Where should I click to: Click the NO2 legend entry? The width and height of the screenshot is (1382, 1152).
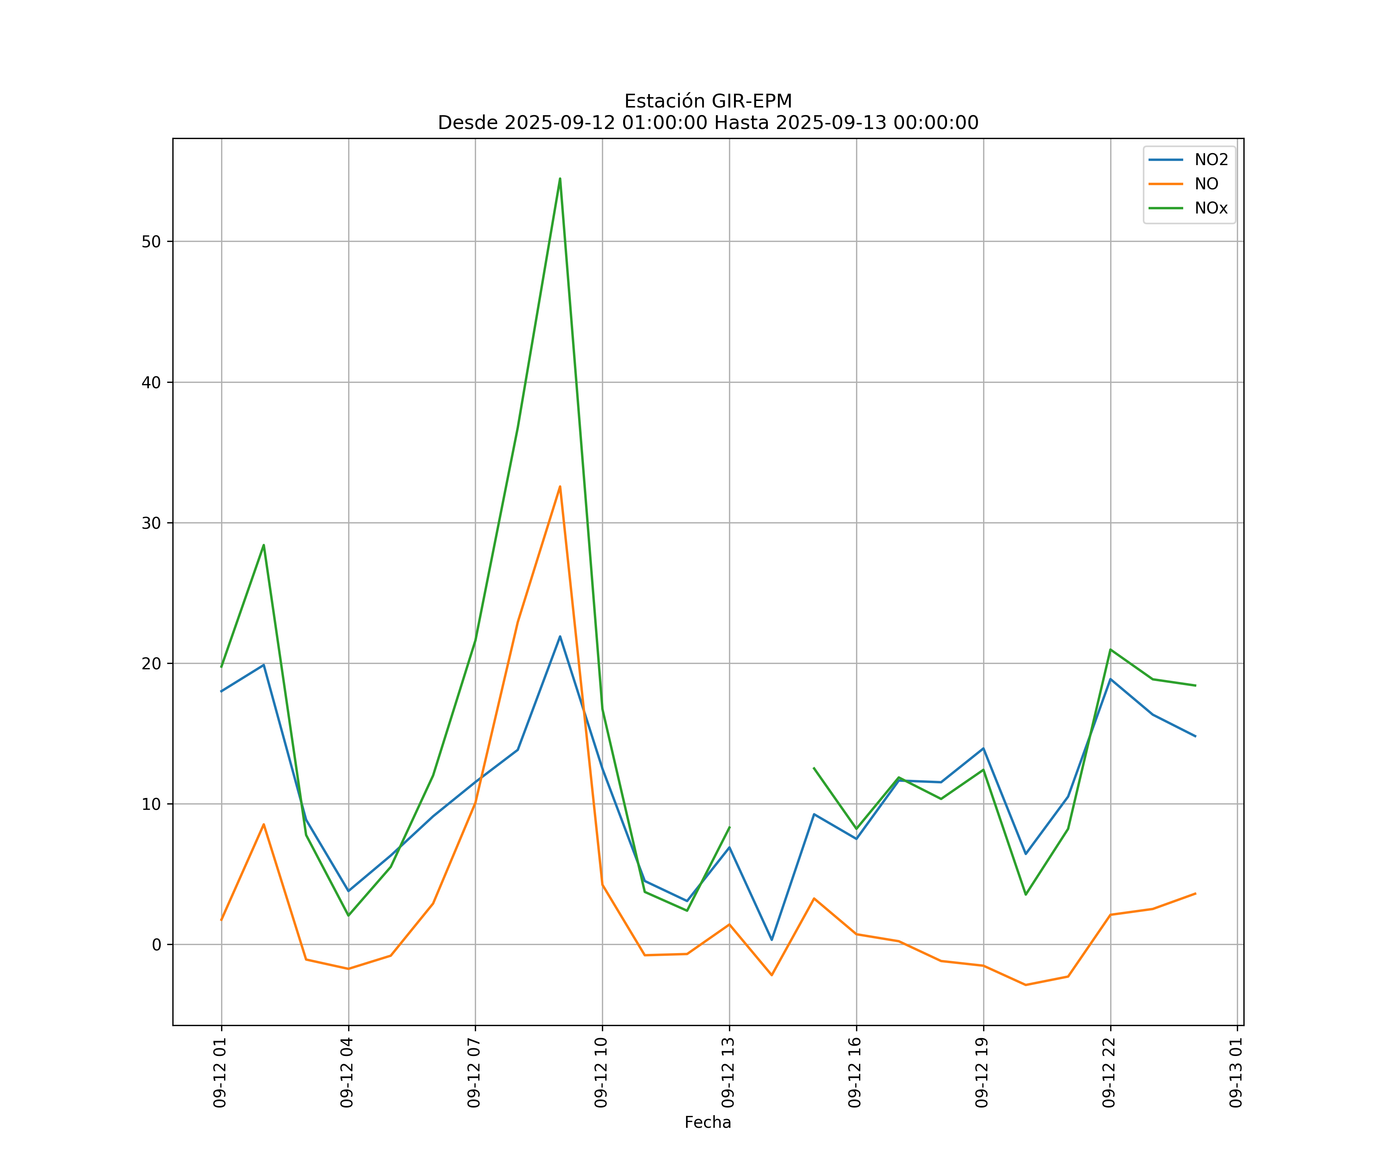click(x=1211, y=160)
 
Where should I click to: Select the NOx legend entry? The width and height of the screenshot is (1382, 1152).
click(x=1211, y=209)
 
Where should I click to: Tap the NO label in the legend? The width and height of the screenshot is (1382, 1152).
click(x=1206, y=184)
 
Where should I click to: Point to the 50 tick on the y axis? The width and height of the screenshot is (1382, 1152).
click(x=151, y=242)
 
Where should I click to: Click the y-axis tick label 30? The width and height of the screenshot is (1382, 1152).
click(x=151, y=523)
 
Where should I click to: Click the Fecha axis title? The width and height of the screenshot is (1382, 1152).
click(x=708, y=1122)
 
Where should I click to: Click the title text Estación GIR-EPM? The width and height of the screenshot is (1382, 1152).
click(x=708, y=101)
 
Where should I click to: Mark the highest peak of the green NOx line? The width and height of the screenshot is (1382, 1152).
click(x=560, y=179)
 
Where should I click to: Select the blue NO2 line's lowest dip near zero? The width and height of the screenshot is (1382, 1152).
click(x=772, y=940)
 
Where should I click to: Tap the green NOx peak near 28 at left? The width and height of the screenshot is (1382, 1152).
click(x=264, y=545)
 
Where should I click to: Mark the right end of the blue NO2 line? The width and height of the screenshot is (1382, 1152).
click(x=1195, y=736)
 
